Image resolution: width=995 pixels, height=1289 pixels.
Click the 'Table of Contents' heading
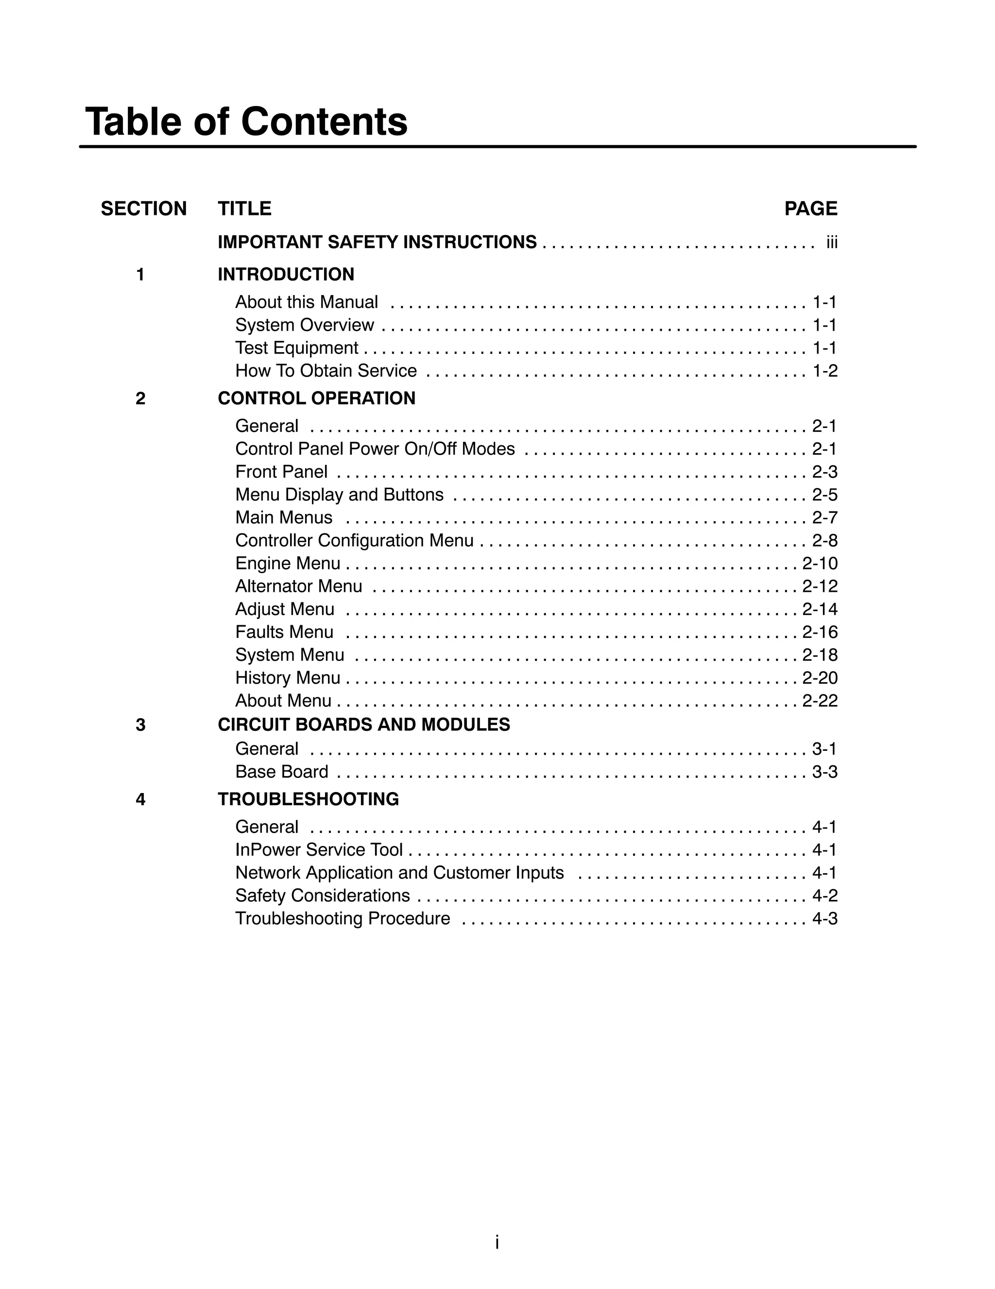tap(246, 122)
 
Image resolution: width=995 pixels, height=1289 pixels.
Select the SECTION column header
tap(143, 209)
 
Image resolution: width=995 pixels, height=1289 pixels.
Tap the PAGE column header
tap(810, 209)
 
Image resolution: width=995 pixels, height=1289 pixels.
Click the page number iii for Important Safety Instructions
tap(832, 243)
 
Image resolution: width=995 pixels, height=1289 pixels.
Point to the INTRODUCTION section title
tap(286, 274)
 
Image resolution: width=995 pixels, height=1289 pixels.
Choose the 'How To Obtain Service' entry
tap(326, 371)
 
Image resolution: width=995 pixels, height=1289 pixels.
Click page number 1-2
tap(824, 371)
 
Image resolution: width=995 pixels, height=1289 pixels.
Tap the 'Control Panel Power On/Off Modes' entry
tap(375, 449)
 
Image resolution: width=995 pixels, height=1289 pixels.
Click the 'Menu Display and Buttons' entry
tap(339, 494)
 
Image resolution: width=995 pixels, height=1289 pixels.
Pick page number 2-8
tap(824, 541)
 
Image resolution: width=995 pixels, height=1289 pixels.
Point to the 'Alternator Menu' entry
tap(298, 586)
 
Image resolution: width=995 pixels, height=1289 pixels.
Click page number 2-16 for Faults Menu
tap(820, 632)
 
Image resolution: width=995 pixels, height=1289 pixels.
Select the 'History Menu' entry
tap(287, 677)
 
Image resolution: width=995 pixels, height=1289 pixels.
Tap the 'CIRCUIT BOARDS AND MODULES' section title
tap(364, 725)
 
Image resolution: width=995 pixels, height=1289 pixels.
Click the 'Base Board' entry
tap(281, 772)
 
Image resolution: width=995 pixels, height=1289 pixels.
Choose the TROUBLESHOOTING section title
tap(309, 799)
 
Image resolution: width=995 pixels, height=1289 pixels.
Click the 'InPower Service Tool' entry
tap(319, 850)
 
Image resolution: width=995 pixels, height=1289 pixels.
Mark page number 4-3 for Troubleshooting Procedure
tap(824, 919)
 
